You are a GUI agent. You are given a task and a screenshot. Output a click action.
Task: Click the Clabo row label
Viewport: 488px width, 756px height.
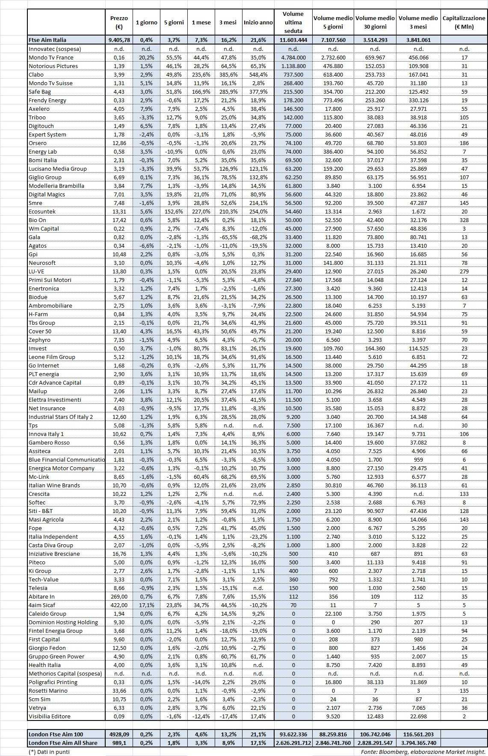[36, 74]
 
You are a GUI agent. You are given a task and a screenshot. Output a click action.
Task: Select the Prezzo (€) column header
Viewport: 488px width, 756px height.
[118, 22]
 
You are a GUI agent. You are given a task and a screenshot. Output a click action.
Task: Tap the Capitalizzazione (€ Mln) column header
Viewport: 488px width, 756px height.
[464, 22]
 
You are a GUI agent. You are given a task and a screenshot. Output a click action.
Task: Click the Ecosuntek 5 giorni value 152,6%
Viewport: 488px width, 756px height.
[174, 211]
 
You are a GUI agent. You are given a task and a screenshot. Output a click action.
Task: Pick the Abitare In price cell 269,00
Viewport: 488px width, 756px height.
[118, 596]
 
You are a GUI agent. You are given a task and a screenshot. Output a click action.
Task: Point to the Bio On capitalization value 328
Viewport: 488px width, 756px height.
[464, 220]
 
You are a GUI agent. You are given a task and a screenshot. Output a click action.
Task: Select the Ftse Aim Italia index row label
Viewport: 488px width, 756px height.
[47, 40]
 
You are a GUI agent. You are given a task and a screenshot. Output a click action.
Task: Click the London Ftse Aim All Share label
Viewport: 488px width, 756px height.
[63, 743]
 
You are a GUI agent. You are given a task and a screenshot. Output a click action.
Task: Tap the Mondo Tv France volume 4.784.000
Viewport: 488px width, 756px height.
[293, 57]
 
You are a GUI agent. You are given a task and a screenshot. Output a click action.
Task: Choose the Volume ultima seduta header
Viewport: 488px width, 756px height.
[293, 22]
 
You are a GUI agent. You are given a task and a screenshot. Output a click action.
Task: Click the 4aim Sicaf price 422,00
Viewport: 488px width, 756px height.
[118, 605]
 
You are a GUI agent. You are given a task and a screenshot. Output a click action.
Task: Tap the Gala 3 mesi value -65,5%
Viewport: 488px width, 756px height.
[228, 237]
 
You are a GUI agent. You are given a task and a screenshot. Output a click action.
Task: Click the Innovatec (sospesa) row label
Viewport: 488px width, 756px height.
[55, 49]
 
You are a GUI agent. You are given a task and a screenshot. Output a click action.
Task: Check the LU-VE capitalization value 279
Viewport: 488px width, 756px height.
[464, 271]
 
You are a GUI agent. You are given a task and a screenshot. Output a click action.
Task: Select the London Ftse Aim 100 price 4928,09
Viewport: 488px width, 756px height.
[118, 734]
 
